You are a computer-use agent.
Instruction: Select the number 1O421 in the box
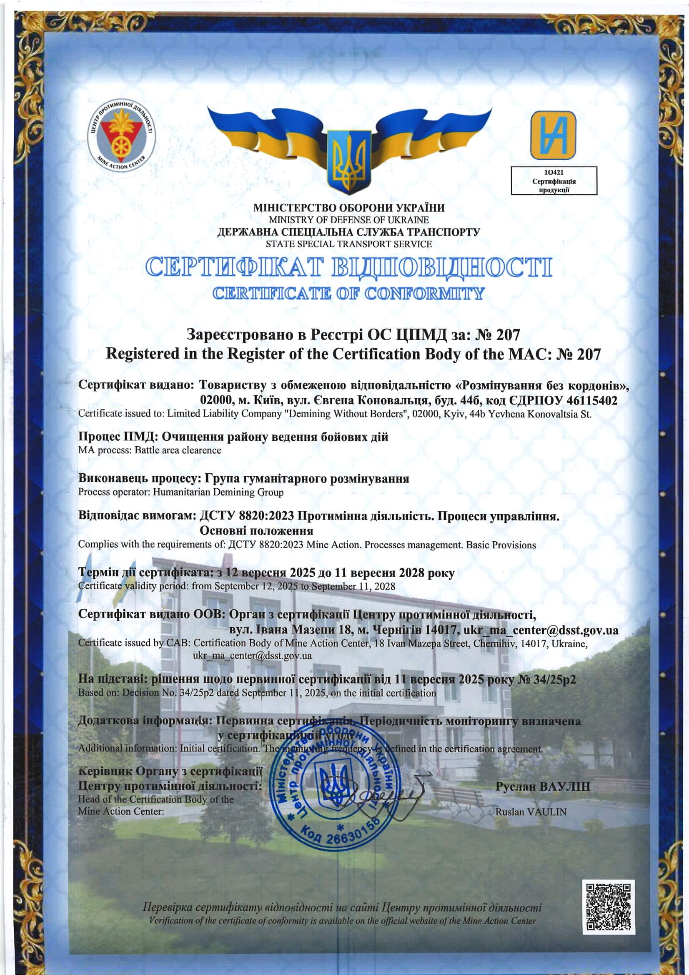coord(554,172)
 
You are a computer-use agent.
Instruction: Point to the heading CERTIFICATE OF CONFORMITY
coord(348,294)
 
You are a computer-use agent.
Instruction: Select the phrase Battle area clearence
coord(178,450)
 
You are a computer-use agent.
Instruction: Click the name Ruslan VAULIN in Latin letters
coord(531,812)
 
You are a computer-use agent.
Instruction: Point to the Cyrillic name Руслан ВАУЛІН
coord(543,787)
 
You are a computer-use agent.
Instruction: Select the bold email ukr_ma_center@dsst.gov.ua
coord(541,629)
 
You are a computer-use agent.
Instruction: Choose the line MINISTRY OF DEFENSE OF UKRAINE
coord(348,220)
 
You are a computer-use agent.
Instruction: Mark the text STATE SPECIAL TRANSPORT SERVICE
coord(348,244)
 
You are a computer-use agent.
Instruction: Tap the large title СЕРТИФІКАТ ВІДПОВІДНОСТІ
coord(348,268)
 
